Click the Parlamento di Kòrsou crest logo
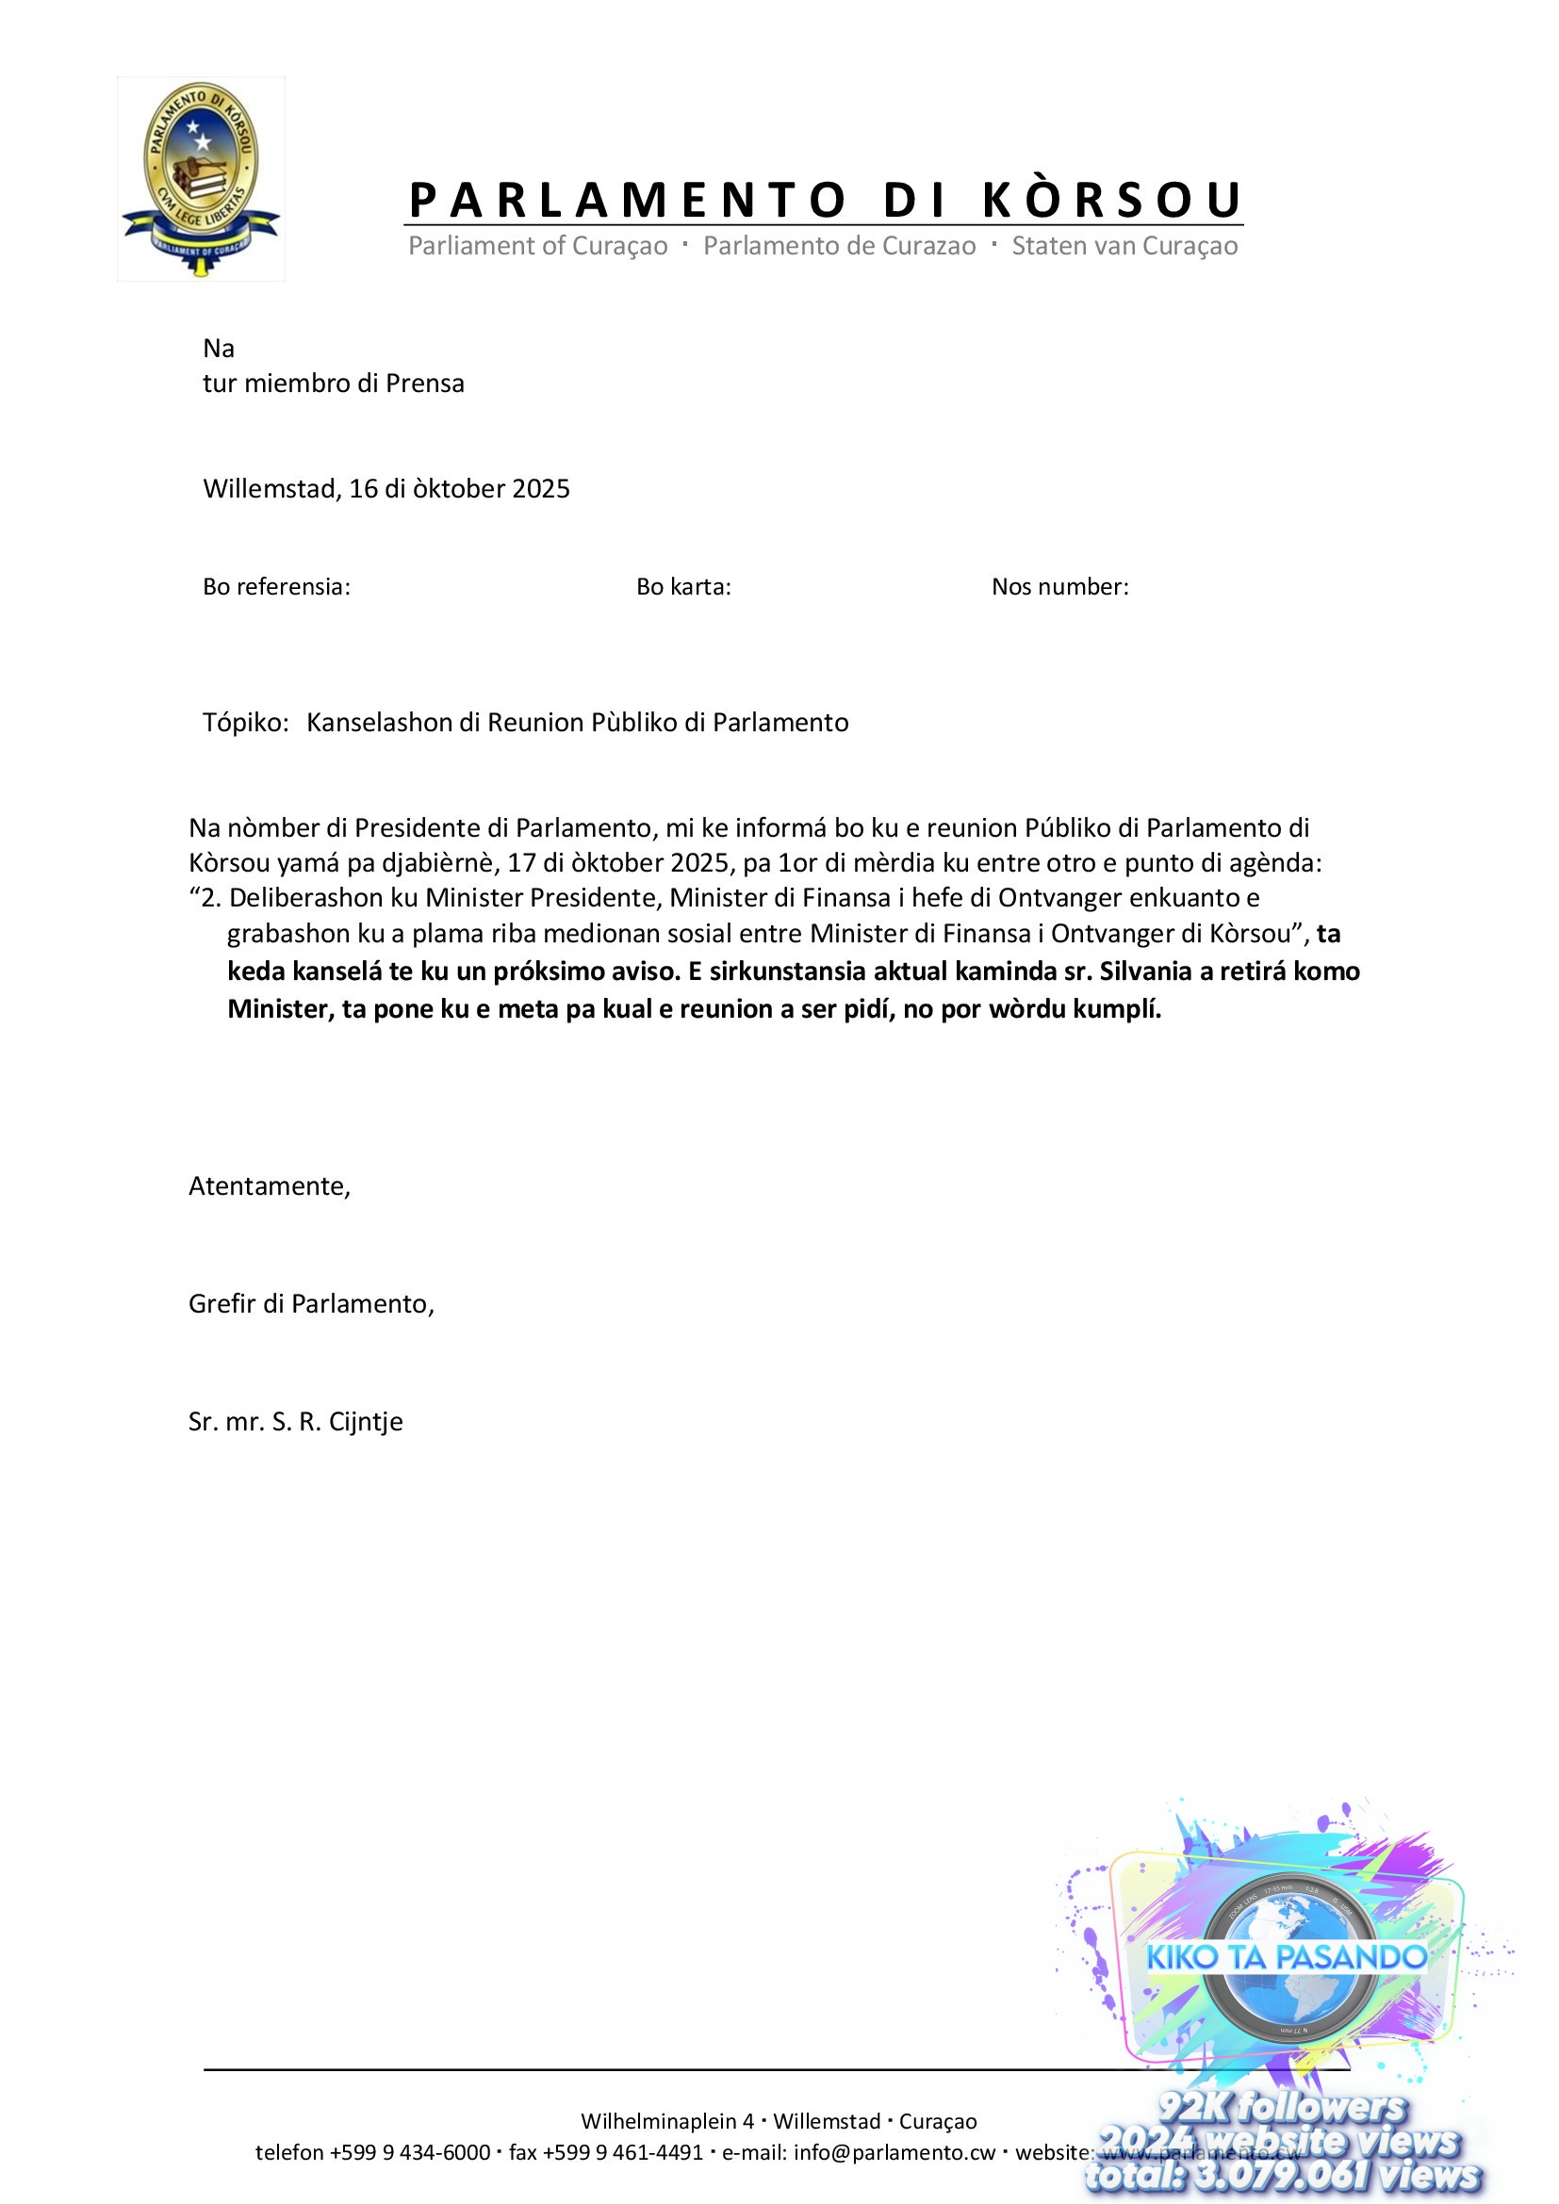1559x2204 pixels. pos(201,178)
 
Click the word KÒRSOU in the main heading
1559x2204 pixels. pos(1111,200)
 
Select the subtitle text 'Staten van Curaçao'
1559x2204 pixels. pos(1124,247)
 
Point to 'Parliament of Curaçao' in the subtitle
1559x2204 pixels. pos(537,247)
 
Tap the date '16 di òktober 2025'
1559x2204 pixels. pos(459,489)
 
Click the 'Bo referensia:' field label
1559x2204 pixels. pos(276,586)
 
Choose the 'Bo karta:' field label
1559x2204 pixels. pos(683,586)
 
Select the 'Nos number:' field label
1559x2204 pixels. pos(1059,586)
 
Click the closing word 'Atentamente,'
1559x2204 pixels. pos(270,1186)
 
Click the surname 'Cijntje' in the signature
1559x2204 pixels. pos(366,1422)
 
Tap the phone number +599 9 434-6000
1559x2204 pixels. pos(410,2152)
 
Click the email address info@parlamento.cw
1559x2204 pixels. pos(894,2152)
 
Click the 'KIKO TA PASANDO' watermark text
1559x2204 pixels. pos(1287,1957)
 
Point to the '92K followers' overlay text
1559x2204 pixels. pos(1282,2108)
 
